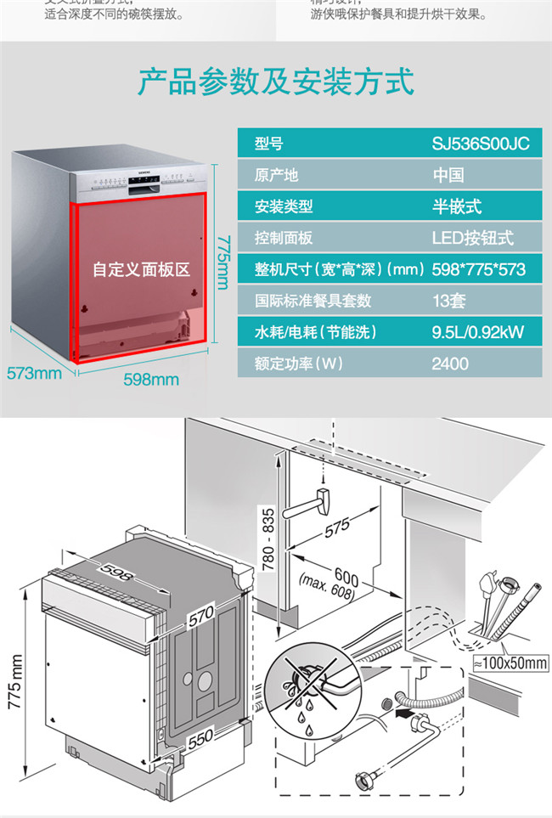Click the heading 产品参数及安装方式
coord(276,82)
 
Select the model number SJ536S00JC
coord(480,144)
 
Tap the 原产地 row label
coord(277,175)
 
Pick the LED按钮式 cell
coord(473,238)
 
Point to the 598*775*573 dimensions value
coord(479,269)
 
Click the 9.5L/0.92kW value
coord(478,332)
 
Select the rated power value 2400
coord(450,364)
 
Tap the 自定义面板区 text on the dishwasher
coord(141,269)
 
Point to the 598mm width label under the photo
coord(151,379)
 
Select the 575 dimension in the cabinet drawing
coord(337,527)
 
